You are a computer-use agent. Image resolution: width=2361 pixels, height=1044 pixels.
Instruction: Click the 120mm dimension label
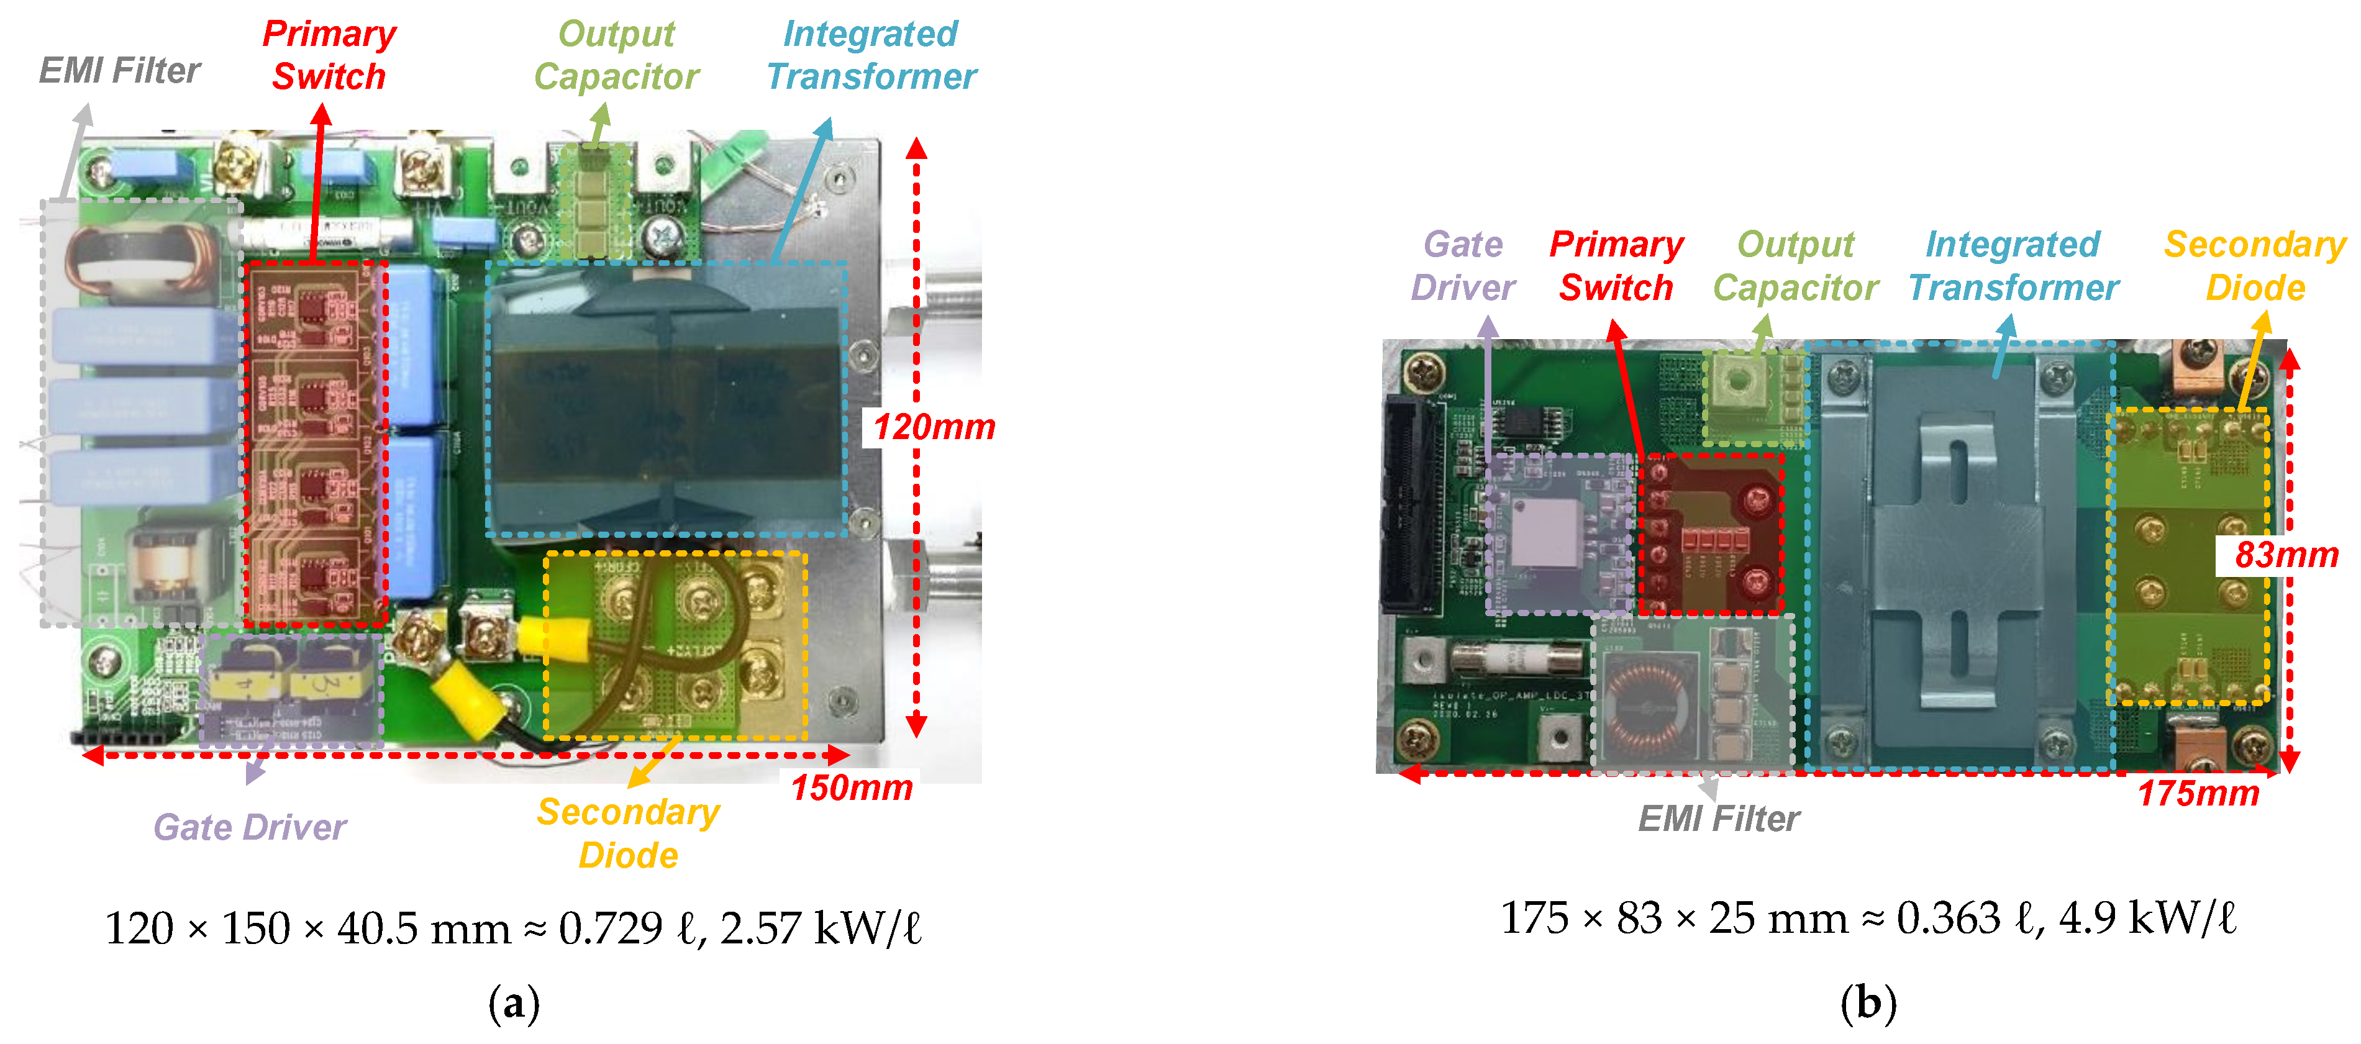pos(933,427)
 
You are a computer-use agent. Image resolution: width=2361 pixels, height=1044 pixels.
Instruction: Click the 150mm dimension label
pos(852,788)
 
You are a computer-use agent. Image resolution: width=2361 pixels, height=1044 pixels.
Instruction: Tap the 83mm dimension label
pos(2286,555)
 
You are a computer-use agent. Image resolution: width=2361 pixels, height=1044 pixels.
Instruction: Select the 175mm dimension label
pos(2198,794)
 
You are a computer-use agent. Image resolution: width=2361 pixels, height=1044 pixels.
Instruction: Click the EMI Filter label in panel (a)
pos(119,71)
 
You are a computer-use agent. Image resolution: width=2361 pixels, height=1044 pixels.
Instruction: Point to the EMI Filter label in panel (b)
pos(1719,819)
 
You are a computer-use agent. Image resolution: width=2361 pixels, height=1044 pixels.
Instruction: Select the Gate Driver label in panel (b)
pos(1463,266)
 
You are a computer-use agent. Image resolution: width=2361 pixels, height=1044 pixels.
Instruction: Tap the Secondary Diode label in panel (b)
pos(2255,266)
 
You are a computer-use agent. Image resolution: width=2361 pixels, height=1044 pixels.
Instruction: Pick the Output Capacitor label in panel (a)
pos(616,55)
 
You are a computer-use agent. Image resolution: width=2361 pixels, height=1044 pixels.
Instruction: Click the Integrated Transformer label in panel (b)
pos(2014,266)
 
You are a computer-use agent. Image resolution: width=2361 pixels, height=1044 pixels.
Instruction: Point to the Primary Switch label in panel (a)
pos(329,55)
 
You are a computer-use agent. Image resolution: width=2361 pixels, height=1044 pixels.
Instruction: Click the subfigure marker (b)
pos(1868,1004)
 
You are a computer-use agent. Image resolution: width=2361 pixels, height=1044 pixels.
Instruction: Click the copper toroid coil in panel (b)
pos(1647,706)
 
